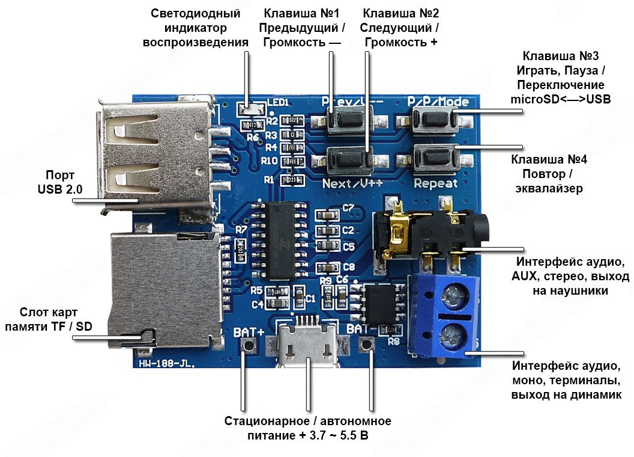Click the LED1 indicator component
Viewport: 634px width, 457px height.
point(250,110)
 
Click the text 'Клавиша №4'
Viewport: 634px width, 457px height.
point(548,161)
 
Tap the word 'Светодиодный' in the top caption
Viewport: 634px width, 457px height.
point(199,13)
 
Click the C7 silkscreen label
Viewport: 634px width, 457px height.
point(348,209)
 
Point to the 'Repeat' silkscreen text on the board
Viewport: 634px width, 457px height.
point(436,183)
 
